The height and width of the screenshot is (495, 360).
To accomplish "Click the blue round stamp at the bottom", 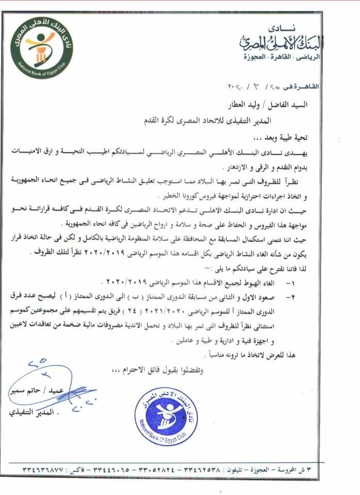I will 165,413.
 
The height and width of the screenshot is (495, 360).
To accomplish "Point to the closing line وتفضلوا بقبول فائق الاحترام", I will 155,370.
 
